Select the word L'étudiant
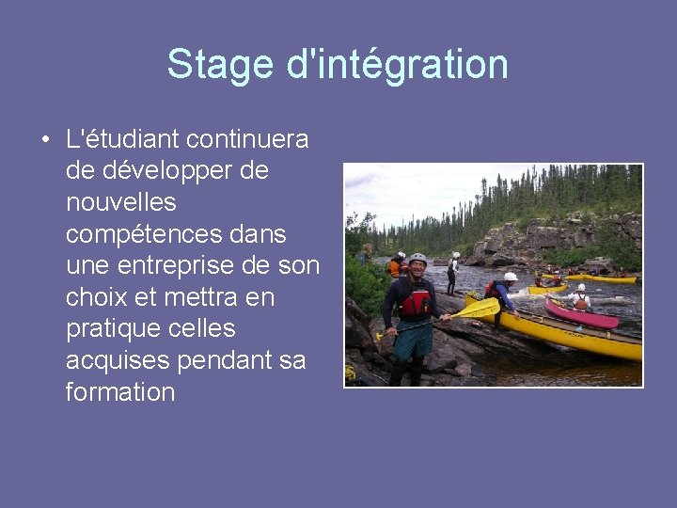click(121, 139)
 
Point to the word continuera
click(247, 139)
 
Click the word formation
click(120, 392)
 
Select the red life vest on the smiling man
click(416, 302)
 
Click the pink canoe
click(580, 314)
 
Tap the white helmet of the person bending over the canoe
click(510, 277)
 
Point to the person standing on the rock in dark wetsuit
click(452, 273)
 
